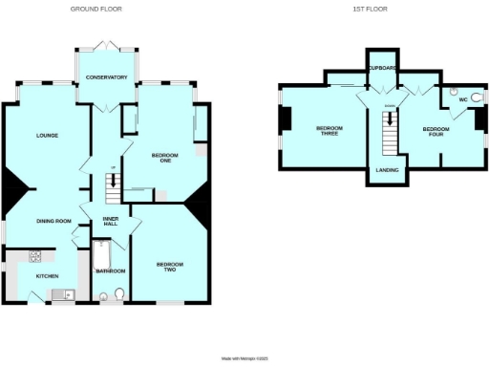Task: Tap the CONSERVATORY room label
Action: (106, 76)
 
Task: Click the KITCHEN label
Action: (47, 275)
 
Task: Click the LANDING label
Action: (387, 169)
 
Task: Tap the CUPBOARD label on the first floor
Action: (382, 68)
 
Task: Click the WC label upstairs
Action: (463, 98)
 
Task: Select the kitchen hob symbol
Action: (36, 256)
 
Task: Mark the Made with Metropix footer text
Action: (245, 358)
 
